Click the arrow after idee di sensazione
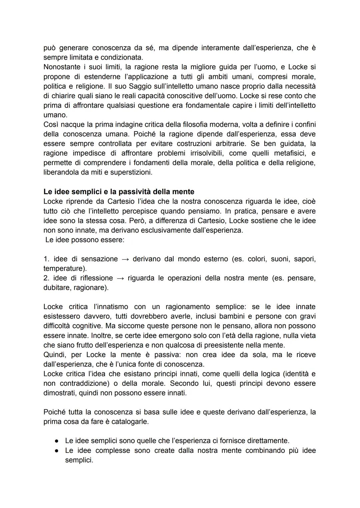[125, 259]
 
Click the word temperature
[62, 268]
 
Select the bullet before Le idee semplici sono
[57, 441]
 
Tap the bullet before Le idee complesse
[57, 451]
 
